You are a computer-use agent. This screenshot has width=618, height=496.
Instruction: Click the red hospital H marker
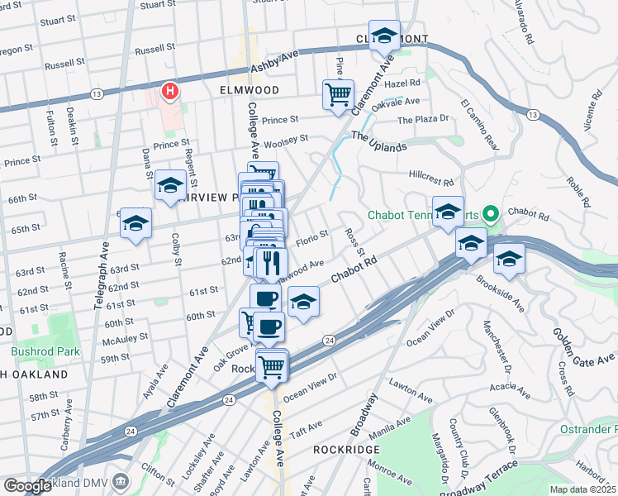tap(171, 91)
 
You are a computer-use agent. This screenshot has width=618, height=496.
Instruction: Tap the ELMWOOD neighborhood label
tap(250, 89)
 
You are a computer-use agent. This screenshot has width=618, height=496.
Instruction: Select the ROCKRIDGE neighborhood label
tap(346, 449)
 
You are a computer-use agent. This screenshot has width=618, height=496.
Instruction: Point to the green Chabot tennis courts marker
tap(490, 216)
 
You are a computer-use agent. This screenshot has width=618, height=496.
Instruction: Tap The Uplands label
tap(379, 141)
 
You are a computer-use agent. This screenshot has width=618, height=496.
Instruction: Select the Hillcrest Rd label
tap(432, 179)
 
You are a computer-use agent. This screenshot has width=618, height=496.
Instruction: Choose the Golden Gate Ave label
tap(584, 348)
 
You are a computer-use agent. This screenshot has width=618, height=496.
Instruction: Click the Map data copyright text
tap(583, 489)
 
